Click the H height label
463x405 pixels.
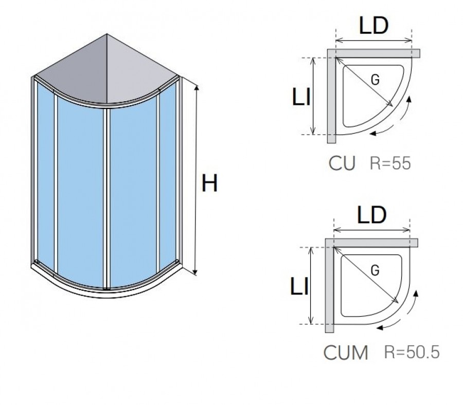click(x=209, y=183)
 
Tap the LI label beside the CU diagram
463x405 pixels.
click(x=301, y=97)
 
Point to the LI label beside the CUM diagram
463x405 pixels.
click(x=299, y=286)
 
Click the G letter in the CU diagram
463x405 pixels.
click(x=375, y=80)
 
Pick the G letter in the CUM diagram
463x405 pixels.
click(x=375, y=270)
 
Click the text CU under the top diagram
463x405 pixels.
click(x=342, y=163)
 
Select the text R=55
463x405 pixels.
click(x=390, y=163)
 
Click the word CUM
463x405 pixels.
click(x=346, y=352)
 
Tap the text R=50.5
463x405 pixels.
click(x=412, y=352)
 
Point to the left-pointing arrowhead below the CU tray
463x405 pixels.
click(x=373, y=133)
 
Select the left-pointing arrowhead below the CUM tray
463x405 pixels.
click(x=380, y=327)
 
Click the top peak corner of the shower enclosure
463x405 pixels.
click(x=107, y=34)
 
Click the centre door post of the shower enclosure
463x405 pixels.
click(x=107, y=198)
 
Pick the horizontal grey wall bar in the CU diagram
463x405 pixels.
click(x=373, y=53)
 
